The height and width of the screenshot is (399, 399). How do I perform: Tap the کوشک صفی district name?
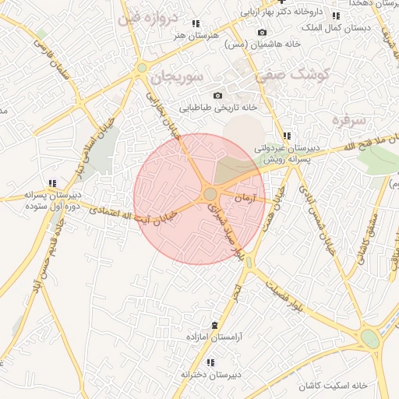(296, 73)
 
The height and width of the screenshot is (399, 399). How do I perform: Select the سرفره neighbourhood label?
(348, 120)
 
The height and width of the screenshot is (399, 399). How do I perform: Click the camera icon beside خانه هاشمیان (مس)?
(262, 32)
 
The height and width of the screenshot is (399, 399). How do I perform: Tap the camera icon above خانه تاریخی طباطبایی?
(217, 95)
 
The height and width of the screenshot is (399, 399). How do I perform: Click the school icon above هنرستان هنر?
(195, 23)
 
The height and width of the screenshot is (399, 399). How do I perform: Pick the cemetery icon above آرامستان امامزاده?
(214, 325)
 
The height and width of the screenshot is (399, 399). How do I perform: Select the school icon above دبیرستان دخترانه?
(210, 362)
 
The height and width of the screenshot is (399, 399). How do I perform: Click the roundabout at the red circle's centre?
(210, 193)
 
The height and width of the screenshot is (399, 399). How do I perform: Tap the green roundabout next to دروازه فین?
(141, 68)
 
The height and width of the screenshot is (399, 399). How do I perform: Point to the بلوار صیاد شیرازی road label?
(224, 226)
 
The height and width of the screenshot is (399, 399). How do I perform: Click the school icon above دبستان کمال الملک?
(336, 16)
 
